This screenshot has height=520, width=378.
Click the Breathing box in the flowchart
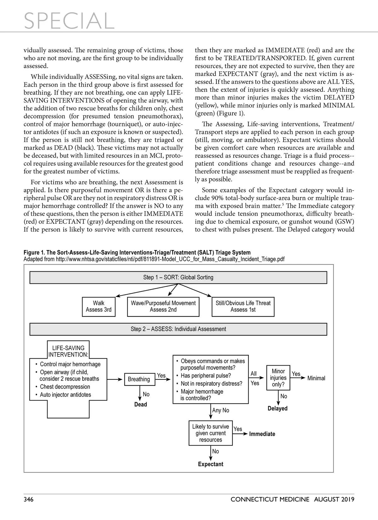(139, 379)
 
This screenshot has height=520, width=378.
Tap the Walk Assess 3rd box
(99, 306)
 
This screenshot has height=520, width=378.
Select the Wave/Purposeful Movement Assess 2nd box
(163, 306)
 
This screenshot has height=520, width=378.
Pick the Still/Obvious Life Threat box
(243, 306)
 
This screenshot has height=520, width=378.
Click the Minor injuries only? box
(278, 378)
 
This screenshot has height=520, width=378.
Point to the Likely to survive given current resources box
(210, 433)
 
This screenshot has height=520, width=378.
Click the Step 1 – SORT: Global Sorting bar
(178, 277)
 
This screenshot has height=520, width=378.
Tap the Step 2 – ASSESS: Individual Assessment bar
(178, 329)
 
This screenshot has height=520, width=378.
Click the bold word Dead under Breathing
(140, 404)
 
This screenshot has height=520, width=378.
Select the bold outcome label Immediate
(262, 434)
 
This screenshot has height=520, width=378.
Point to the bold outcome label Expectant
(210, 464)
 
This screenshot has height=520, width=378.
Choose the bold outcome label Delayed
(278, 408)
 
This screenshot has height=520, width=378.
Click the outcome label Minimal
(316, 378)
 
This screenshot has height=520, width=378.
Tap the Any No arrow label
(220, 410)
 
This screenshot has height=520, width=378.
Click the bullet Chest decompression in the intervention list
(65, 387)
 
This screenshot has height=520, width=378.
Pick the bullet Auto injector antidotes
(65, 395)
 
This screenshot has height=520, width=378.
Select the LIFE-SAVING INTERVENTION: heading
(68, 351)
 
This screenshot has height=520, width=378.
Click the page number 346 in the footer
(29, 499)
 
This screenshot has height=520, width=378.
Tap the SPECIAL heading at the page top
(69, 20)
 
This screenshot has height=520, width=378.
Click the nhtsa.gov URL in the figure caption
(170, 259)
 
